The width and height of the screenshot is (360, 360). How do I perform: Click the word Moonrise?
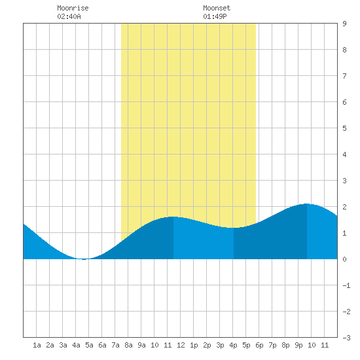[73, 8]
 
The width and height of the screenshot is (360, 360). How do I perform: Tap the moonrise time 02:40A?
[69, 16]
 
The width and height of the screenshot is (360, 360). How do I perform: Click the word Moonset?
[217, 8]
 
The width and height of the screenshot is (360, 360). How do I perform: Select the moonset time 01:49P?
[215, 16]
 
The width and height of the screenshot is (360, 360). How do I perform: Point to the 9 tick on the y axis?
[344, 24]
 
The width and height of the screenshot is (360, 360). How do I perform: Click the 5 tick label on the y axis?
[344, 128]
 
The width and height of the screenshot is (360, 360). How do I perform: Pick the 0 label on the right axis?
[344, 259]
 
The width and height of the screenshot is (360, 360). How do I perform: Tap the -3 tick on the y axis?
[346, 338]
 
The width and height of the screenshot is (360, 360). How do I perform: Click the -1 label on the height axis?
[346, 285]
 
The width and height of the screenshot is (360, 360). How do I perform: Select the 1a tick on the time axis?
[37, 345]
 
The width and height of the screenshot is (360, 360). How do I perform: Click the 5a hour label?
[89, 345]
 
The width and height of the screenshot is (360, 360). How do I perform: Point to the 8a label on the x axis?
[128, 345]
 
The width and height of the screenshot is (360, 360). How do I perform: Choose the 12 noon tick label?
[181, 345]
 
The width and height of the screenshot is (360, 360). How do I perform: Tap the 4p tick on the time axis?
[233, 345]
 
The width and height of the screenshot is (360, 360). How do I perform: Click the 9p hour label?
[298, 345]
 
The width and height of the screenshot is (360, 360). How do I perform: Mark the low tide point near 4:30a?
[84, 259]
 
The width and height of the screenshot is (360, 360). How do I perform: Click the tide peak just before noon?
[173, 217]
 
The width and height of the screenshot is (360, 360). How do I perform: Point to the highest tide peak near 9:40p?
[307, 204]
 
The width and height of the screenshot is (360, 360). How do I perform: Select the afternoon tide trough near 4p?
[234, 228]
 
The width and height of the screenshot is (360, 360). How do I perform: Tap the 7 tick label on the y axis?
[344, 76]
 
